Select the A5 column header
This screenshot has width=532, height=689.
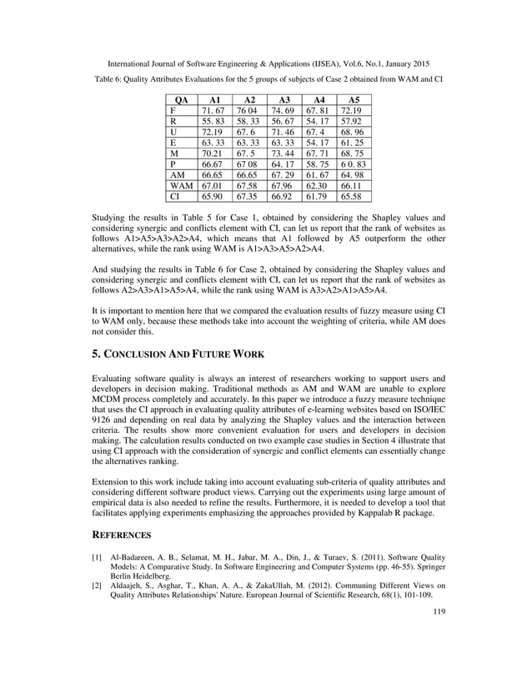[354, 99]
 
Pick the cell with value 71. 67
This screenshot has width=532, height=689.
[212, 110]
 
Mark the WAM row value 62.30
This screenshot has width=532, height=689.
[319, 185]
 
